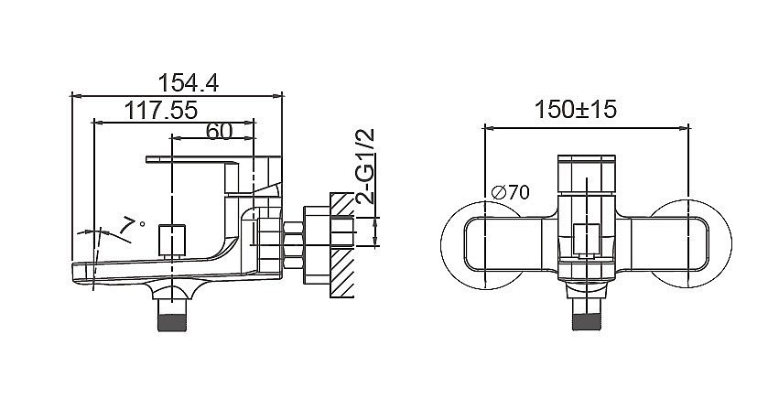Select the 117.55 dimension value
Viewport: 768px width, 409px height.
pyautogui.click(x=161, y=110)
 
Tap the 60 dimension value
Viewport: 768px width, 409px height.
pyautogui.click(x=219, y=131)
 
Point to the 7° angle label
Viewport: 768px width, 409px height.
pyautogui.click(x=132, y=224)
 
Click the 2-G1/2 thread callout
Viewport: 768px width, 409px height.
pyautogui.click(x=366, y=166)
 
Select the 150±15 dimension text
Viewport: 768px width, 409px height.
pyautogui.click(x=575, y=109)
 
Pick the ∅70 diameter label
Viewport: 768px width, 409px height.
pyautogui.click(x=510, y=192)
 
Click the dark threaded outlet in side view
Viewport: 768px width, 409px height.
pyautogui.click(x=172, y=323)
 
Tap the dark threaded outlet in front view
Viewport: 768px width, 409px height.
pyautogui.click(x=587, y=322)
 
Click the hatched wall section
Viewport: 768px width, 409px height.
pyautogui.click(x=341, y=245)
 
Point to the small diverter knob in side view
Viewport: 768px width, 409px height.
pyautogui.click(x=172, y=240)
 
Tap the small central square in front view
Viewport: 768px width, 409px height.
pyautogui.click(x=587, y=240)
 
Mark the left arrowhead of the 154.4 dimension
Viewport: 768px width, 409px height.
pyautogui.click(x=76, y=95)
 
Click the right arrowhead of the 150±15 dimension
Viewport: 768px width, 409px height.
pyautogui.click(x=685, y=128)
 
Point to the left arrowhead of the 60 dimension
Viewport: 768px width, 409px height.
pyautogui.click(x=178, y=138)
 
